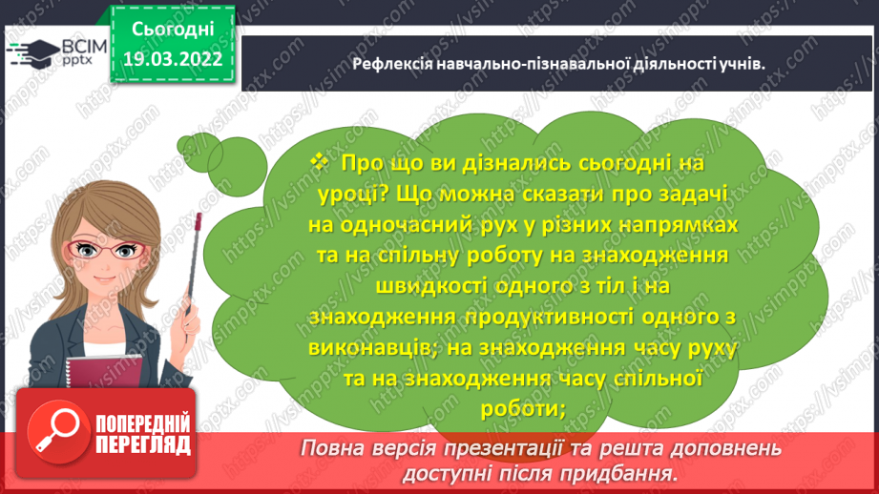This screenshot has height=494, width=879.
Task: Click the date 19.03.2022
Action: coord(173,60)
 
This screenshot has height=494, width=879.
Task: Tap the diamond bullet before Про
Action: coord(318,164)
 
